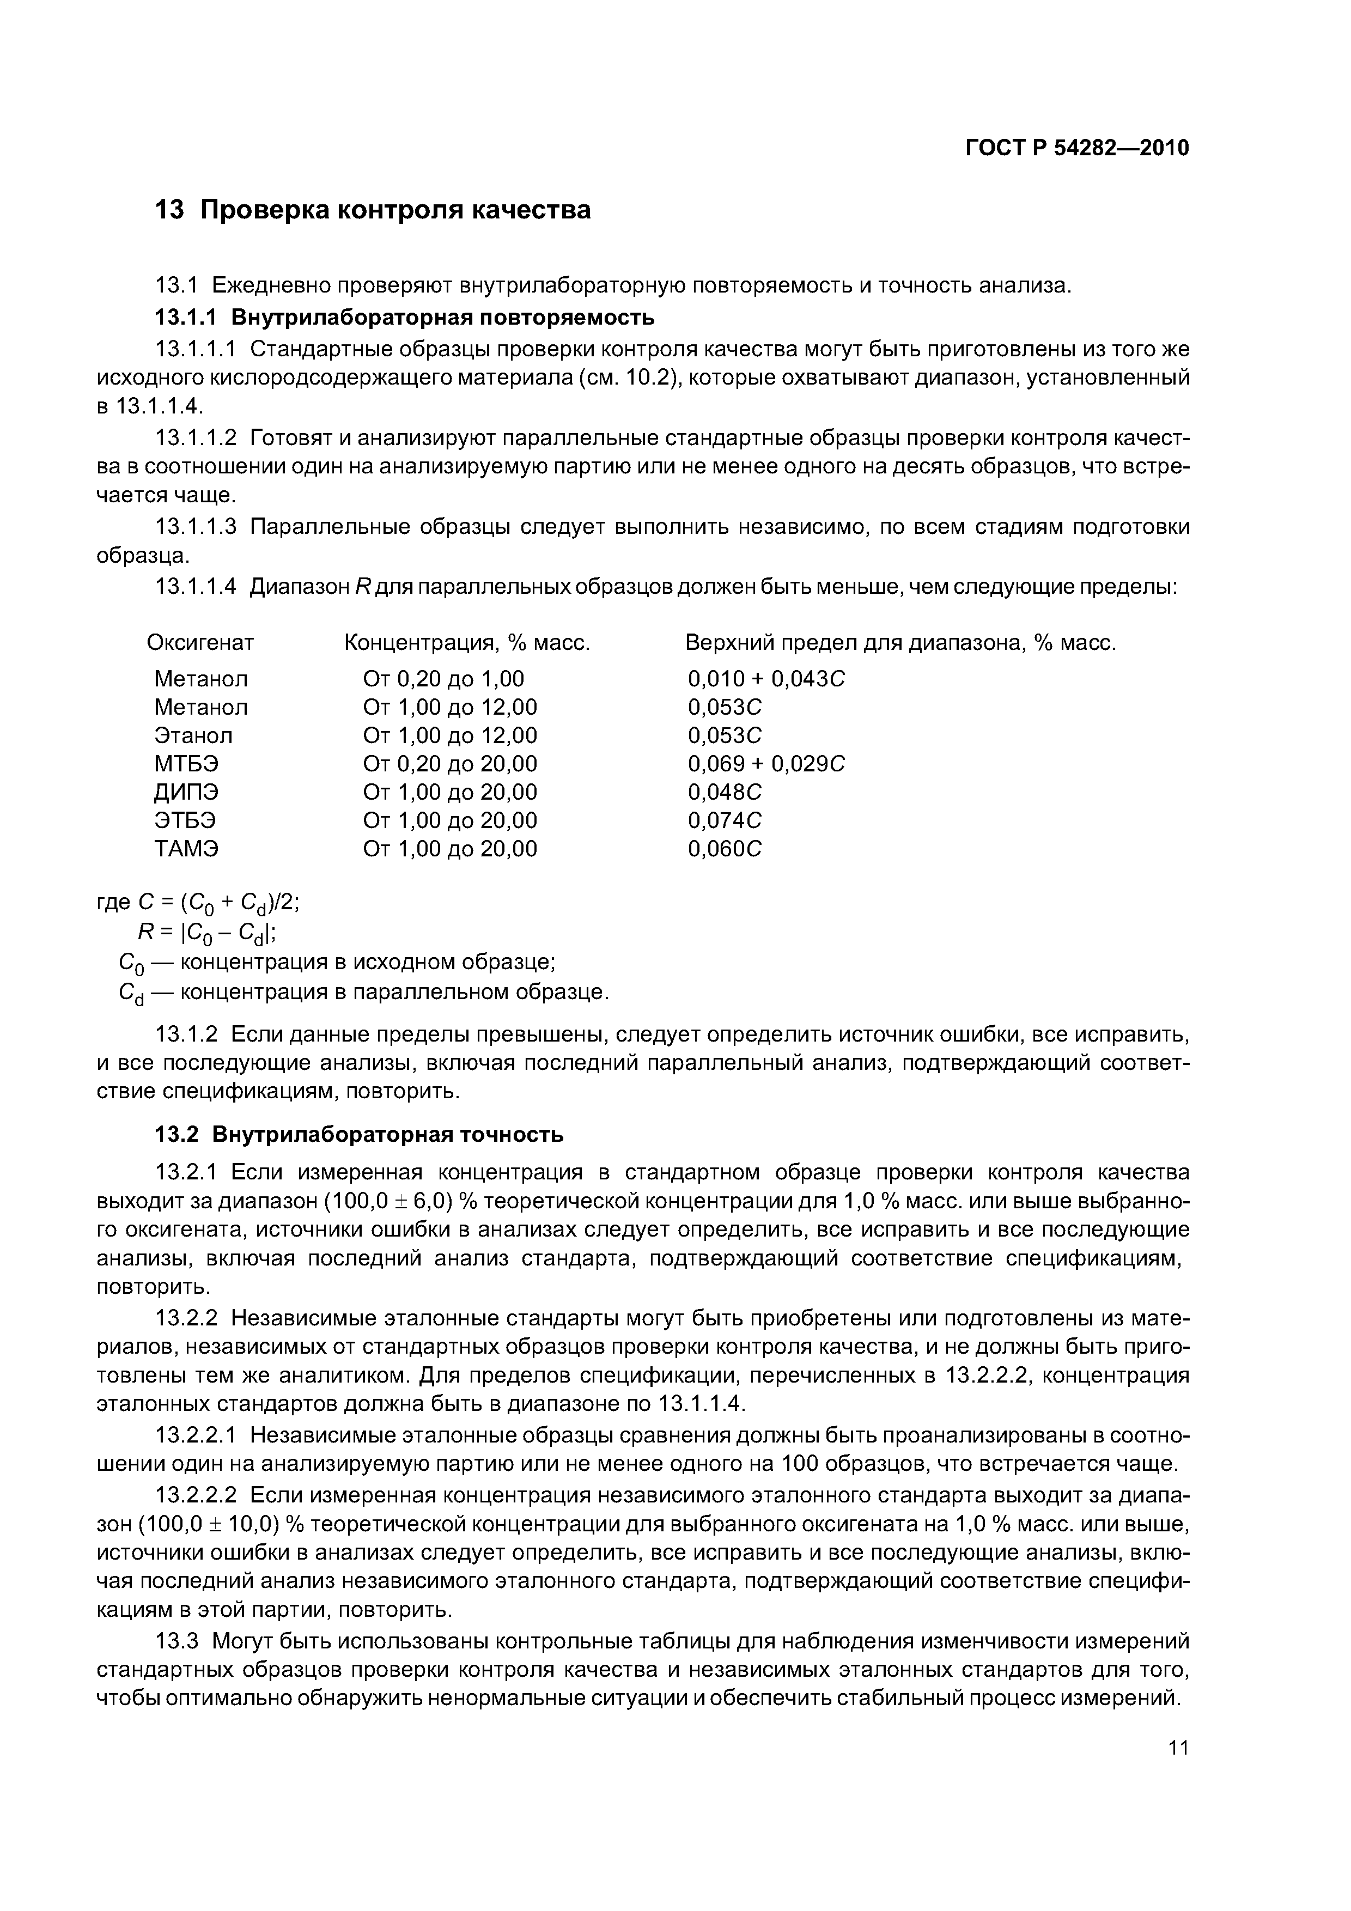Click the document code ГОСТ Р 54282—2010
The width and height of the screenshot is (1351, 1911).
(x=1076, y=148)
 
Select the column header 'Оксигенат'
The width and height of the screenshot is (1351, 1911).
(x=200, y=643)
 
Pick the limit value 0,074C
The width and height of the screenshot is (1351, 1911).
(x=724, y=820)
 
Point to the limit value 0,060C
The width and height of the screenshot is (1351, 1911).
(x=724, y=849)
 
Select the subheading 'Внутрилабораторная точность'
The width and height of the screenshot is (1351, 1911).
(x=387, y=1134)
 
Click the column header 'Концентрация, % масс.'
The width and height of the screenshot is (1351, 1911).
(x=467, y=643)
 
